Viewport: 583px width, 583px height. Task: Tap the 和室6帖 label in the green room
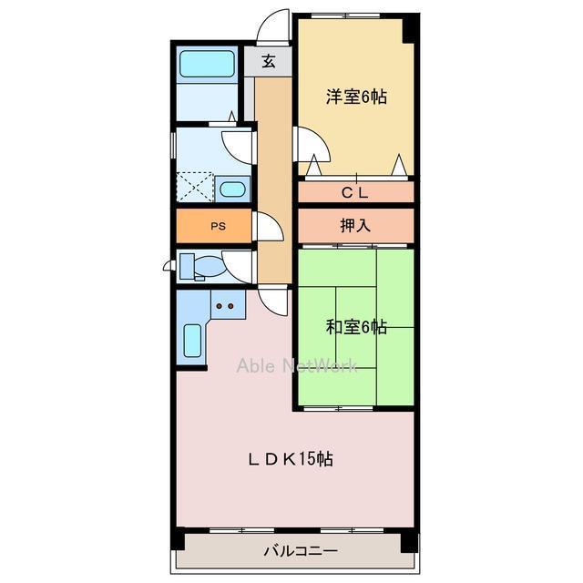click(x=356, y=327)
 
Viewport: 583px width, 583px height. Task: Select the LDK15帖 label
click(x=291, y=459)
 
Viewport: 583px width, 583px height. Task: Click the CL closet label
click(x=355, y=192)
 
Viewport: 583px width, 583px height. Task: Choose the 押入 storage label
click(x=355, y=225)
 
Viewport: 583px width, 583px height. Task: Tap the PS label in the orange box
click(x=218, y=227)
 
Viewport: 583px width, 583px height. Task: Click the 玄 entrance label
click(x=269, y=62)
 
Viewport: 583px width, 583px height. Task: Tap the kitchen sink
click(x=192, y=341)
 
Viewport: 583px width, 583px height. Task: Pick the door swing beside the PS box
click(x=270, y=227)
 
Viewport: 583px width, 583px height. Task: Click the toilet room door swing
click(x=239, y=267)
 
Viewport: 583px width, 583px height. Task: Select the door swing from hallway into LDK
click(x=273, y=299)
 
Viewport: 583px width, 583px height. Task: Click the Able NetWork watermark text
click(x=298, y=366)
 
